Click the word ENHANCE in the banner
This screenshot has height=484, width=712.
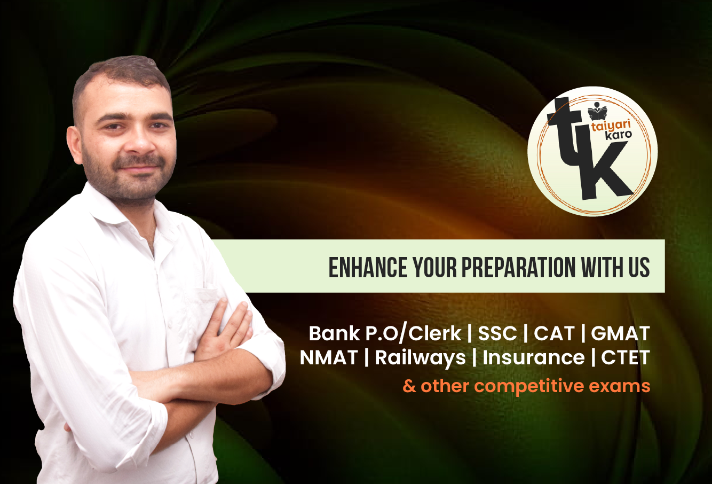tap(368, 267)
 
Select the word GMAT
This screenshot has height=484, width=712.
tap(620, 333)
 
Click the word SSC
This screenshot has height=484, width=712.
tap(497, 333)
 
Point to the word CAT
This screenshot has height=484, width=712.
tap(554, 333)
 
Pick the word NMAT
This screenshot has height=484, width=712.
tap(329, 358)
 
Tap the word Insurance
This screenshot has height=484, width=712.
tap(533, 357)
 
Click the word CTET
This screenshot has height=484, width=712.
tap(625, 358)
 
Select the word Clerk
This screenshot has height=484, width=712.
tap(434, 333)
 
